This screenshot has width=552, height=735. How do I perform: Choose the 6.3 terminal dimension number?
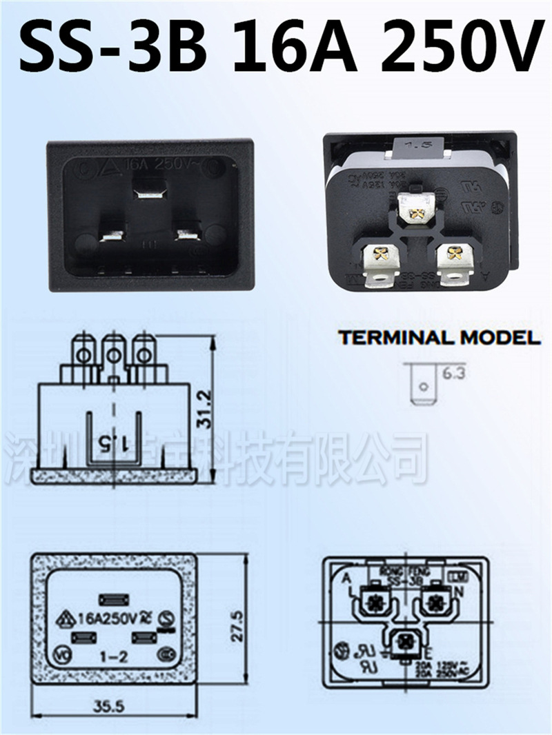(x=454, y=374)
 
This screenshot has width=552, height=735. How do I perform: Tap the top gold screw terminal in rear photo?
(x=416, y=209)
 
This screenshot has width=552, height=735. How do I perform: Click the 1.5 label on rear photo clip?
(x=417, y=145)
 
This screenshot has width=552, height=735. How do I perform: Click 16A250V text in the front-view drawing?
(x=109, y=617)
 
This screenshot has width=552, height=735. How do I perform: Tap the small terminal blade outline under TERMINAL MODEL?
(x=420, y=383)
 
